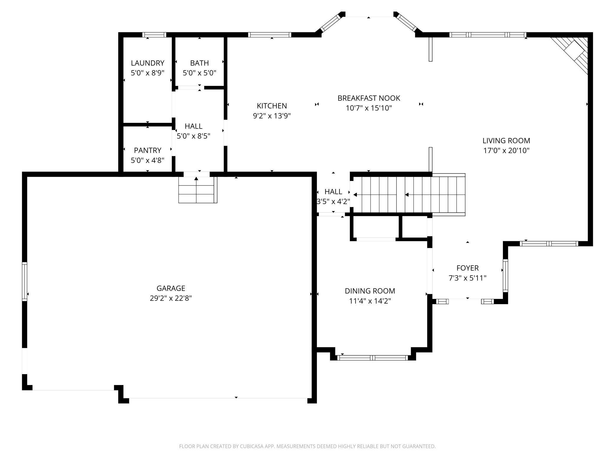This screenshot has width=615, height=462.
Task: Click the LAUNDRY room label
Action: [x=148, y=63]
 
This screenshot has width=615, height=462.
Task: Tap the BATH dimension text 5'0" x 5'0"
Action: [x=200, y=73]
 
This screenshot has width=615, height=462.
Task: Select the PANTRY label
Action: [x=148, y=150]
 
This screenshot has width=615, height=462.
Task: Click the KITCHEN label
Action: [x=272, y=106]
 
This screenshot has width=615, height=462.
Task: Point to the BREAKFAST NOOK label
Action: [x=369, y=98]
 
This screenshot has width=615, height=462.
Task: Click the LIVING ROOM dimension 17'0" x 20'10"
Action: [x=506, y=150]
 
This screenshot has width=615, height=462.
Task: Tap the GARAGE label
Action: [x=171, y=288]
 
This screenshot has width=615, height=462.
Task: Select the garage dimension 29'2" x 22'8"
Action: [x=171, y=298]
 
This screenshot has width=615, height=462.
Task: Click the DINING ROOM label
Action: [x=370, y=291]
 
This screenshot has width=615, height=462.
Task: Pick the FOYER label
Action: [x=467, y=268]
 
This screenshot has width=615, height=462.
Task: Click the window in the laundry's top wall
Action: [x=154, y=35]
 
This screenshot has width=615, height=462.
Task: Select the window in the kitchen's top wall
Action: [x=270, y=35]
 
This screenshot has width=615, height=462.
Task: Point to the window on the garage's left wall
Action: [x=25, y=282]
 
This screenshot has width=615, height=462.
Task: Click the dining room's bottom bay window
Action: [x=373, y=358]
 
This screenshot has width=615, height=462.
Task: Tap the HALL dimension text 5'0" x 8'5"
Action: [x=193, y=136]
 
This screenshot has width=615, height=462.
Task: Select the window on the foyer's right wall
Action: [x=505, y=275]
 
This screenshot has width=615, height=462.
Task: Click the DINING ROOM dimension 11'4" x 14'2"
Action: [x=370, y=301]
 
